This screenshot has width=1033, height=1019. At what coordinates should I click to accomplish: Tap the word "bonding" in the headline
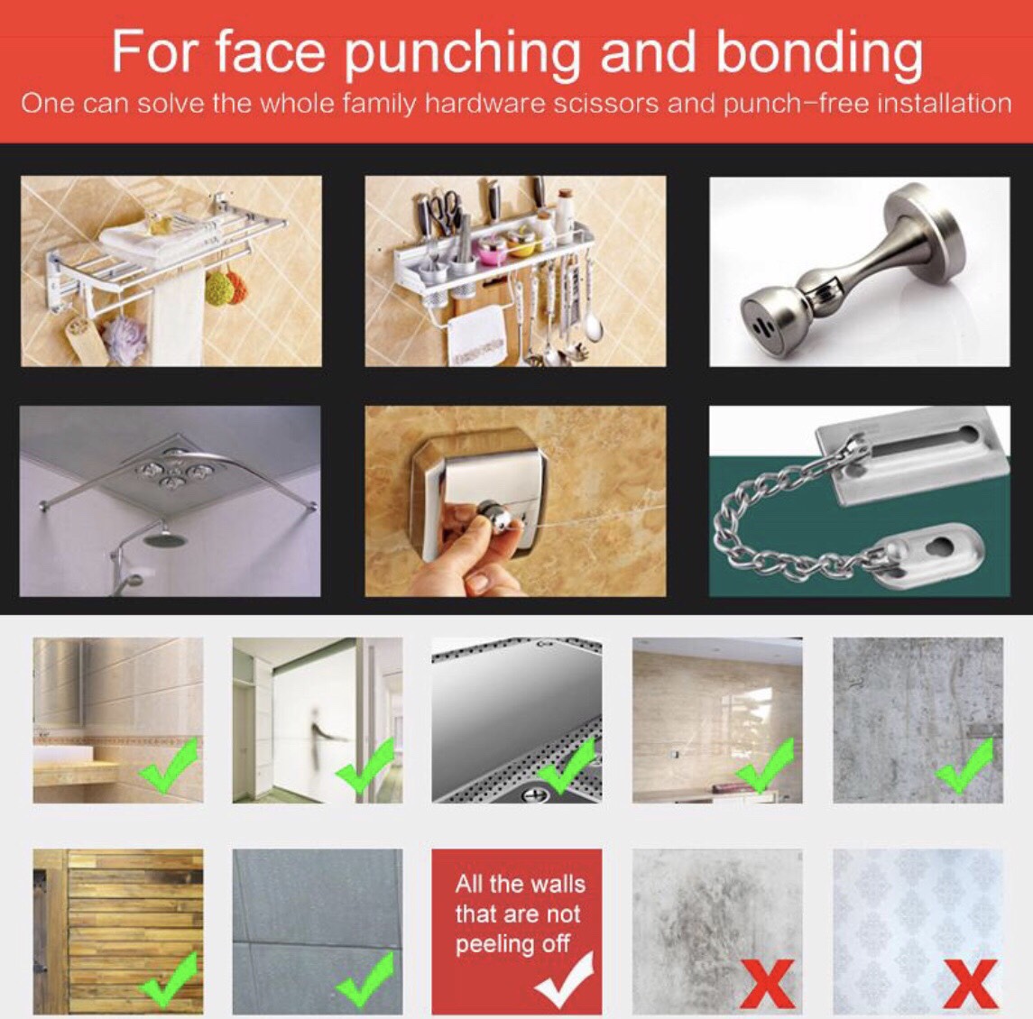819,51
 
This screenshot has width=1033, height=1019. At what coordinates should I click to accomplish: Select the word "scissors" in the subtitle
605,104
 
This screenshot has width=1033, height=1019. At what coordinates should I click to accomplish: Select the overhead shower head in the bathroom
161,538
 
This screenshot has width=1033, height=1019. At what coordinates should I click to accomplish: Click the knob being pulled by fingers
494,517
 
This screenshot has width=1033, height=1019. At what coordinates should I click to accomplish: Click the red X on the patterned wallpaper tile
969,984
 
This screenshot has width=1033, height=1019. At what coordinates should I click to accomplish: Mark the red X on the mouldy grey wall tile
768,984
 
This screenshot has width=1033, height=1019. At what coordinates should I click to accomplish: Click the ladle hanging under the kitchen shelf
594,309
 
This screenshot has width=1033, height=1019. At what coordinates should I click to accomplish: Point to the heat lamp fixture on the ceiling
172,472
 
